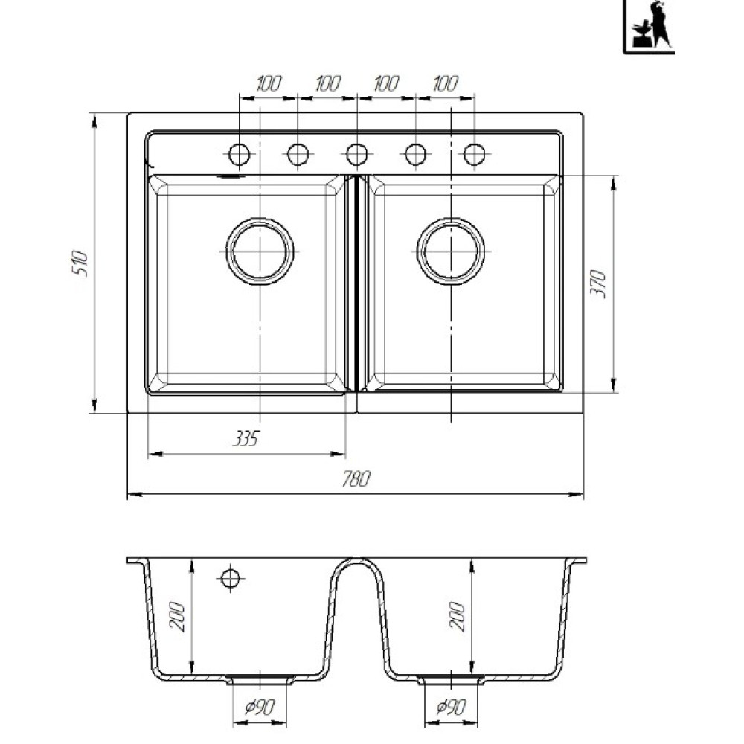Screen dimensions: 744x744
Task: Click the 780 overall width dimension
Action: pyautogui.click(x=356, y=479)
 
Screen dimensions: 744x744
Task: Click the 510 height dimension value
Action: pyautogui.click(x=80, y=264)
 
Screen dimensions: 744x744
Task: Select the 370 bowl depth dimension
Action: pyautogui.click(x=598, y=283)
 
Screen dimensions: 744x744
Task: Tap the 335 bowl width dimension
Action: pyautogui.click(x=246, y=439)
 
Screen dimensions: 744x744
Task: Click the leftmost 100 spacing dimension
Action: pyautogui.click(x=269, y=84)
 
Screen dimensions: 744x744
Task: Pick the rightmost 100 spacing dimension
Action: pyautogui.click(x=446, y=84)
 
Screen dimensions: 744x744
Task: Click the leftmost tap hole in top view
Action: pyautogui.click(x=239, y=154)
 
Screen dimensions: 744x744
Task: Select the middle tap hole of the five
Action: pyautogui.click(x=357, y=154)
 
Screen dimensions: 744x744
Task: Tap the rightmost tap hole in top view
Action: pyautogui.click(x=475, y=154)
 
